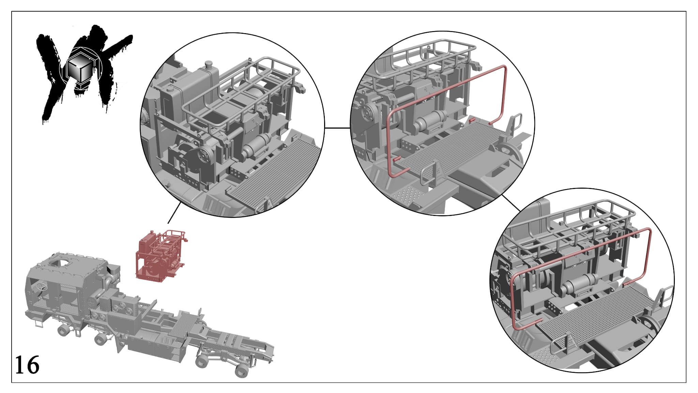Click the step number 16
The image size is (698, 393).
click(27, 365)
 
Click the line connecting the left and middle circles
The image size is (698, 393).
click(337, 128)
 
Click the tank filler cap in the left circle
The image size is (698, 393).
click(208, 64)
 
